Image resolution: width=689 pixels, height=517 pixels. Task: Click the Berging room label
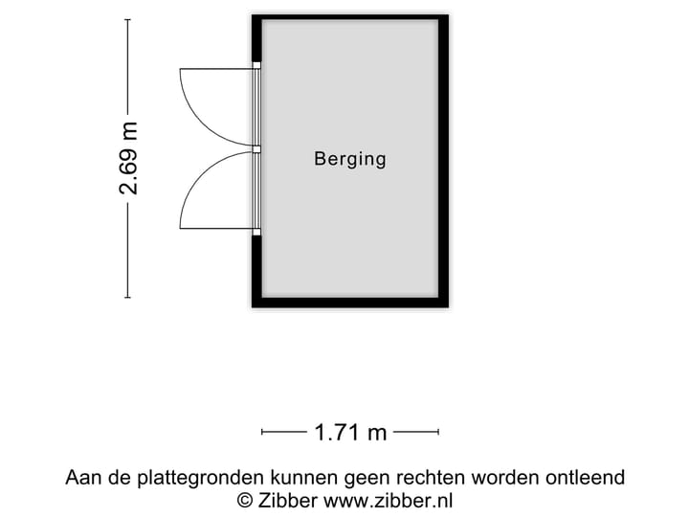click(x=350, y=159)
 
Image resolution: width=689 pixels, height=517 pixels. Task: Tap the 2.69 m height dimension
click(x=128, y=158)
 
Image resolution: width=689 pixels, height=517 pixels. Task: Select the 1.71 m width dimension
click(x=350, y=433)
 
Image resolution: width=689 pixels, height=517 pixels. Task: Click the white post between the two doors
click(x=256, y=149)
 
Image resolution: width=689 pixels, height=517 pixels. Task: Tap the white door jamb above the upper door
click(x=256, y=65)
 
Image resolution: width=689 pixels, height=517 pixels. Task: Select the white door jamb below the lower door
click(x=256, y=232)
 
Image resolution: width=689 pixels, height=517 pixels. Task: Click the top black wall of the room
click(x=350, y=17)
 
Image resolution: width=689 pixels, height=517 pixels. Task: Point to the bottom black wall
click(x=350, y=303)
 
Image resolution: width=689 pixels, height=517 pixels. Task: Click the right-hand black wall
click(x=444, y=161)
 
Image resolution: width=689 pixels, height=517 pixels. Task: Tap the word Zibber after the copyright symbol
click(x=288, y=501)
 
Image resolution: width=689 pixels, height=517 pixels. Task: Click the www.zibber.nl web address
click(x=389, y=501)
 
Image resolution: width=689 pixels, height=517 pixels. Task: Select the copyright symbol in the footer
click(x=245, y=501)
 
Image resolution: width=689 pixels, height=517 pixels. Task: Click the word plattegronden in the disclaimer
click(x=201, y=478)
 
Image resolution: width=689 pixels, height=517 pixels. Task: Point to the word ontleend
click(x=586, y=477)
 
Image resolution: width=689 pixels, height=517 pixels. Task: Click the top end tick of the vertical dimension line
click(x=128, y=20)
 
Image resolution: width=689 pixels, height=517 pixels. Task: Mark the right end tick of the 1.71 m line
click(x=438, y=432)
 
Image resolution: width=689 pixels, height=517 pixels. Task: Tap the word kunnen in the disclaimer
click(x=304, y=478)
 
